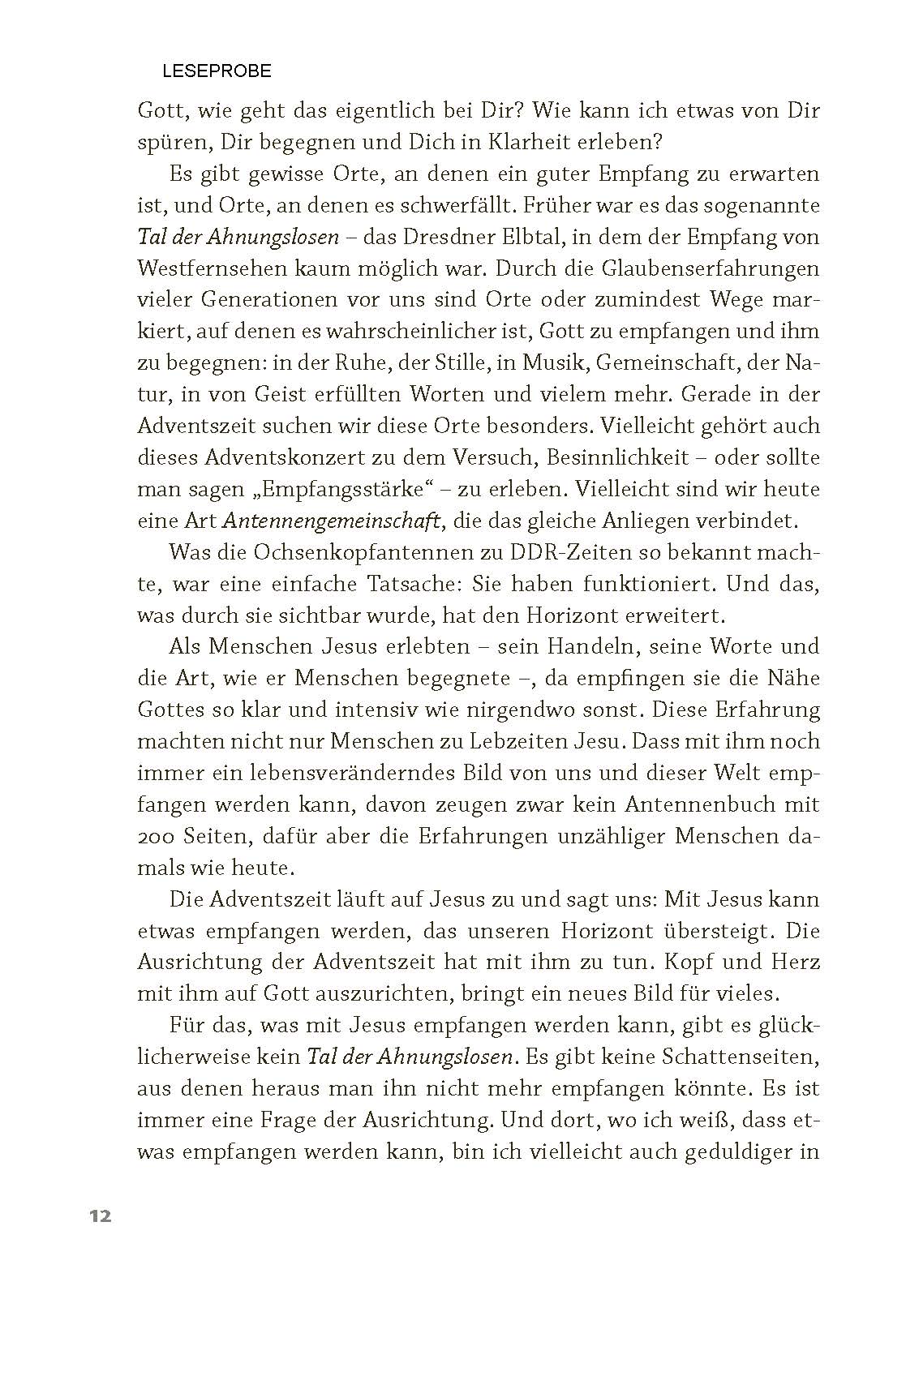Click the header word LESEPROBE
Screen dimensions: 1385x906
pos(217,71)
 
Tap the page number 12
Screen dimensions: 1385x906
pos(101,1216)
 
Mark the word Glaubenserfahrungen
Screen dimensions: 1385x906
pos(693,268)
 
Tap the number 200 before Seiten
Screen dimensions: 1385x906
pos(156,837)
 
